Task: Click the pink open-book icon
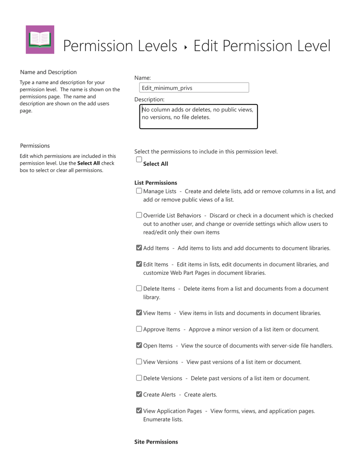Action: (40, 40)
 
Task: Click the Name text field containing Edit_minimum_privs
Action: (194, 88)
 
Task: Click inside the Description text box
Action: (198, 117)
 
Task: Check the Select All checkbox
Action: (139, 160)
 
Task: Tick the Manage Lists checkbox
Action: (139, 191)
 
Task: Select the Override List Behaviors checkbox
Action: (139, 216)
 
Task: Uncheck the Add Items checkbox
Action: (139, 248)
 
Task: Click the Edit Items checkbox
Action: (139, 264)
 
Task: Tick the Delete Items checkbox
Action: (139, 289)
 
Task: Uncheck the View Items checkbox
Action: (139, 313)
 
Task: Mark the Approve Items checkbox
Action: (139, 329)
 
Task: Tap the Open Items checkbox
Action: (139, 346)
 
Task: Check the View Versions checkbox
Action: (139, 362)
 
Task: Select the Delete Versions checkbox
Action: (139, 378)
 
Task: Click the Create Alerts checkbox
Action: (139, 394)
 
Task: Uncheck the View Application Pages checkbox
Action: (139, 410)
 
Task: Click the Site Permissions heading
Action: (156, 442)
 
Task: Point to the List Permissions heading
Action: (155, 183)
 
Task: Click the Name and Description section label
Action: (48, 72)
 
